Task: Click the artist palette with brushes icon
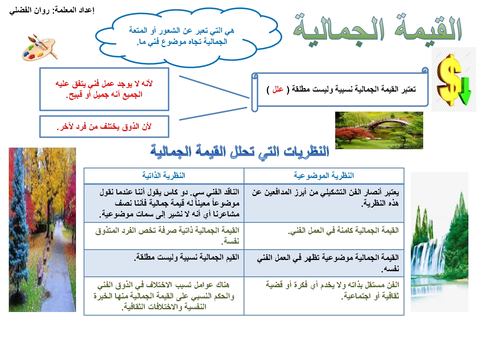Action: [40, 48]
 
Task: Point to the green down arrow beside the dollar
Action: [465, 91]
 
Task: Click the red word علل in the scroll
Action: [278, 89]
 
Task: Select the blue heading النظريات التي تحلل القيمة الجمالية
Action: [240, 152]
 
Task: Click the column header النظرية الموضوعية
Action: [324, 176]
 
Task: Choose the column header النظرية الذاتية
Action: [164, 175]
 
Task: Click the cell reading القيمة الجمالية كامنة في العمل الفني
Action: [343, 231]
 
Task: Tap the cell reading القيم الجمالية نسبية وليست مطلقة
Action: [186, 258]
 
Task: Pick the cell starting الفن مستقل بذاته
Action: [332, 290]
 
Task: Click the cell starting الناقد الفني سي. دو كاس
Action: [170, 203]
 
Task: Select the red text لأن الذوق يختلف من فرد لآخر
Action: [104, 127]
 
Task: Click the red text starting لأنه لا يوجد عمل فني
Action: [104, 89]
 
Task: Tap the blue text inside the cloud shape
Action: [182, 36]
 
